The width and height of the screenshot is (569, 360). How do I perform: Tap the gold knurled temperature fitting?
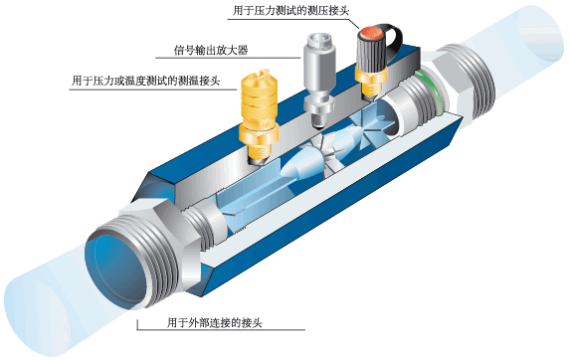tap(260, 110)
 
